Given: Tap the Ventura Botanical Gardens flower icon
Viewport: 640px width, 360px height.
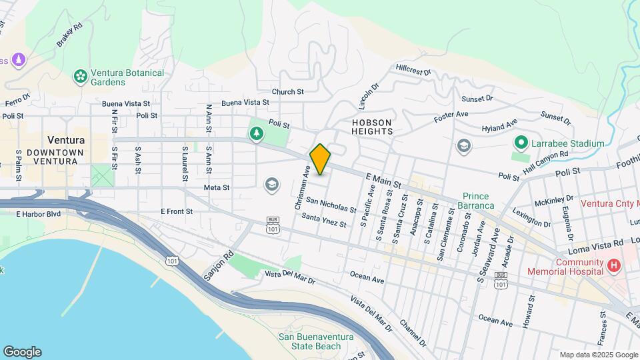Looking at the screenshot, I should [x=81, y=77].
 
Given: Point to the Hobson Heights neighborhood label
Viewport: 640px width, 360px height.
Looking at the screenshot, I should [x=372, y=127].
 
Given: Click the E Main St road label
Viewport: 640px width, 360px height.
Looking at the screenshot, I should [x=383, y=178].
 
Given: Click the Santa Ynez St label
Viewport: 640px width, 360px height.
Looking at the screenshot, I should [x=324, y=219].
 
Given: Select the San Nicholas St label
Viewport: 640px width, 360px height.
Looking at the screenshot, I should [x=331, y=205].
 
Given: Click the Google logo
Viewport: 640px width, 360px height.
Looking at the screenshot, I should [x=22, y=352].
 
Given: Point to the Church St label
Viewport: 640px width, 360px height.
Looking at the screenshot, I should [x=287, y=91].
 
